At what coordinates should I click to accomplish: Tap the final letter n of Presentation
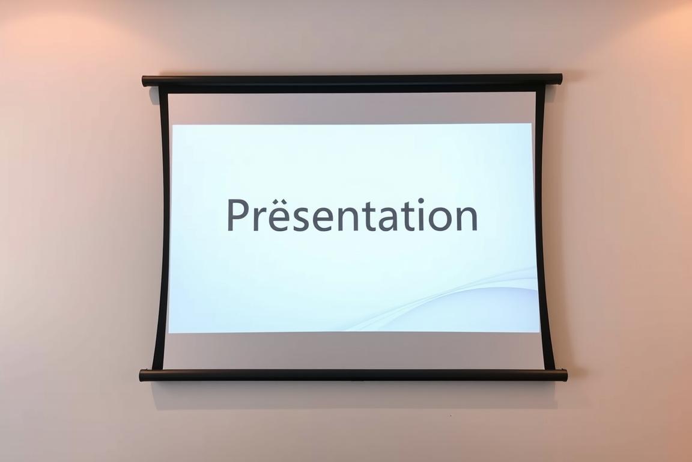[x=467, y=220]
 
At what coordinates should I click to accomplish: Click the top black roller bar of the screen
[x=352, y=80]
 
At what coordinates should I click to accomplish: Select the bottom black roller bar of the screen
[x=353, y=375]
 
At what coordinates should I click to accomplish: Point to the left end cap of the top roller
[x=145, y=81]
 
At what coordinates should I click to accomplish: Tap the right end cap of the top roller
[x=560, y=79]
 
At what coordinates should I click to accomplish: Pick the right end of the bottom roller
[x=565, y=375]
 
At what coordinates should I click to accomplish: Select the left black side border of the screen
[x=162, y=227]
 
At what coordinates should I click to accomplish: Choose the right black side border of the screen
[x=544, y=227]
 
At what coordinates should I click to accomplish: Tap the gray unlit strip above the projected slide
[x=352, y=109]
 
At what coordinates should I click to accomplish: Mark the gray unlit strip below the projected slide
[x=353, y=351]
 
